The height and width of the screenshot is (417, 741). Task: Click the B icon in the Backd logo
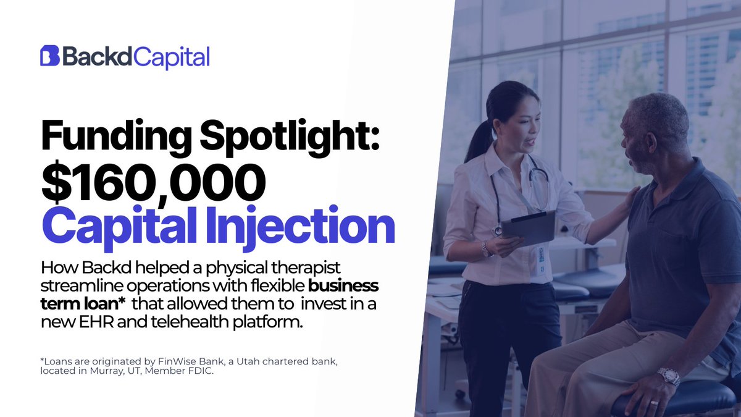(49, 56)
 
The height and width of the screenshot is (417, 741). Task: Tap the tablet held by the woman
(528, 227)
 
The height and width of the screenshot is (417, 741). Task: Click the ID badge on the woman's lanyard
(542, 254)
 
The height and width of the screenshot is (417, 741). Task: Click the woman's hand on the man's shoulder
(630, 196)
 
